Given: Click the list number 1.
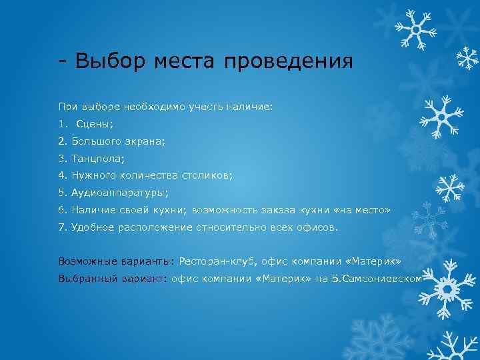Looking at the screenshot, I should click(x=62, y=123).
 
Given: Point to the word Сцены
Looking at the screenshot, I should click(x=95, y=123).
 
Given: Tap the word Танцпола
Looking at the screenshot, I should click(x=99, y=158).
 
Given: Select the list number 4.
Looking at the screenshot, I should click(x=62, y=175).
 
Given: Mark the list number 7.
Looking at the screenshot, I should click(x=62, y=227).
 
